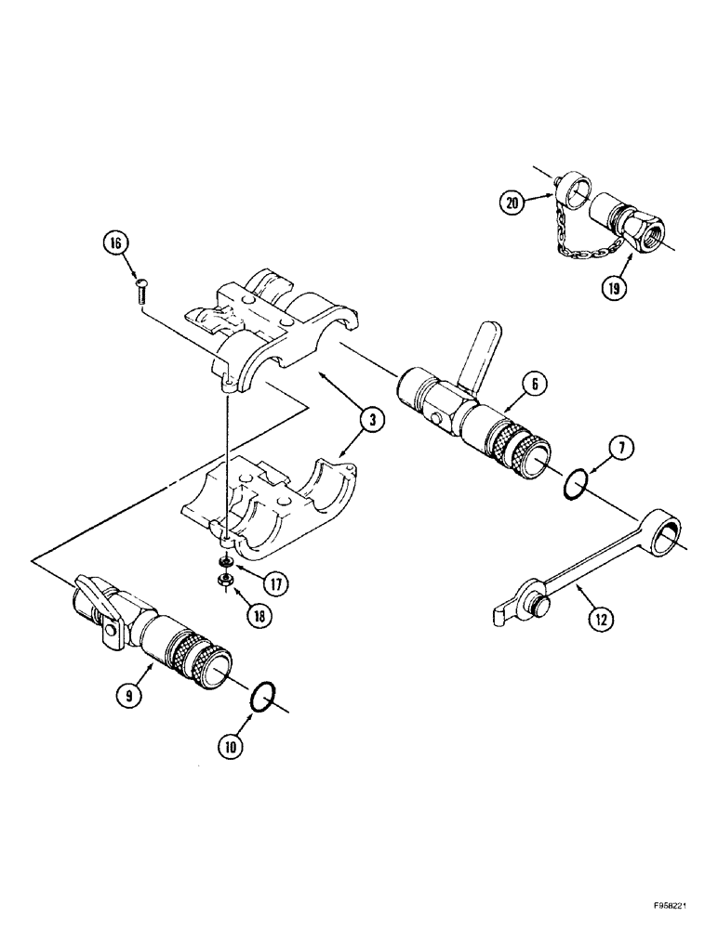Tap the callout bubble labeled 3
tap(372, 421)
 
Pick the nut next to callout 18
tap(224, 581)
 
